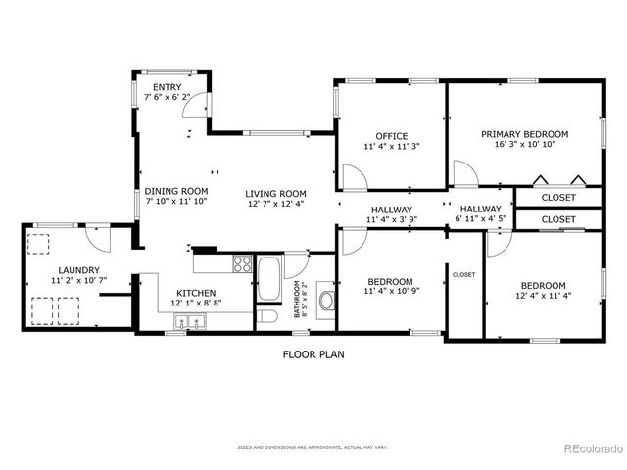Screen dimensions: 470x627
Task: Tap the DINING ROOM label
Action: (x=176, y=191)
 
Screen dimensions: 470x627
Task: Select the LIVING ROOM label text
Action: (x=275, y=193)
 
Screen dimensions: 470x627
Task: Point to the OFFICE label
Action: (x=392, y=136)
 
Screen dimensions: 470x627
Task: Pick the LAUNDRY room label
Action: (x=78, y=270)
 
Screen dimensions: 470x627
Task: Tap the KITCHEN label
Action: (x=196, y=293)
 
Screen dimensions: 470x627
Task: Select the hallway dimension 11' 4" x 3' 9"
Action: (x=391, y=220)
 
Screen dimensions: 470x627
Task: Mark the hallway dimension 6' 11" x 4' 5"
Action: (x=480, y=220)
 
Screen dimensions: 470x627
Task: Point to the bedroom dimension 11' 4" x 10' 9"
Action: (x=391, y=291)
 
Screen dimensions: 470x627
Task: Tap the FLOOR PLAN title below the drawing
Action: (x=313, y=354)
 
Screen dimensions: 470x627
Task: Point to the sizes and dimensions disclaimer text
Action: (x=313, y=447)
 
